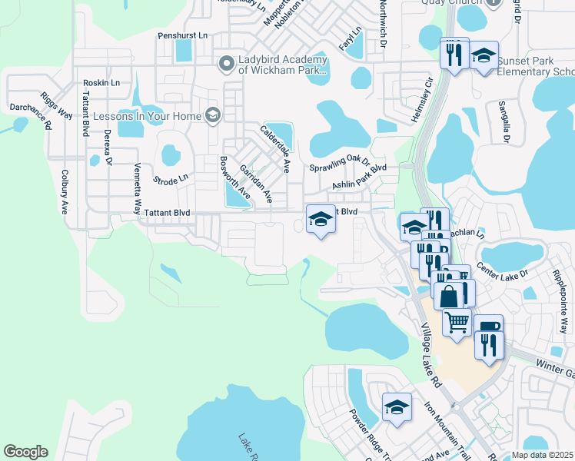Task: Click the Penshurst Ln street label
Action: click(183, 35)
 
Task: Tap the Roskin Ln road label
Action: click(102, 82)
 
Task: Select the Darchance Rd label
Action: click(30, 115)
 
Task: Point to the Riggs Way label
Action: click(56, 106)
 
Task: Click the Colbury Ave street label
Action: click(65, 192)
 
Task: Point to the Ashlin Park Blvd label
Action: click(358, 177)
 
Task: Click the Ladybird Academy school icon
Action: click(226, 63)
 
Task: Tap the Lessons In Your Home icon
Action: click(213, 116)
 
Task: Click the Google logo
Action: click(26, 452)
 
